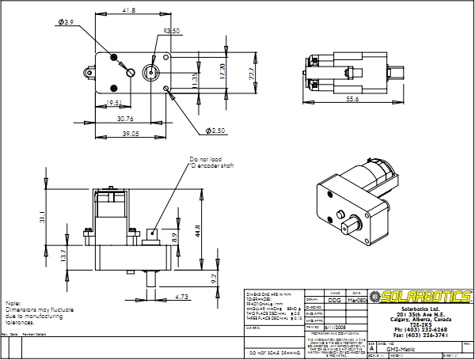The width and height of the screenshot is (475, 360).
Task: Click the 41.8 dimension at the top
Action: (129, 11)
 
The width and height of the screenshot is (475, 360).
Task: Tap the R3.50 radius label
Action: (173, 32)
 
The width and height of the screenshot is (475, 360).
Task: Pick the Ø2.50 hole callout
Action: (215, 130)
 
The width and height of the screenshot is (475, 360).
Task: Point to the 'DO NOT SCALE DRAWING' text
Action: (273, 353)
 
